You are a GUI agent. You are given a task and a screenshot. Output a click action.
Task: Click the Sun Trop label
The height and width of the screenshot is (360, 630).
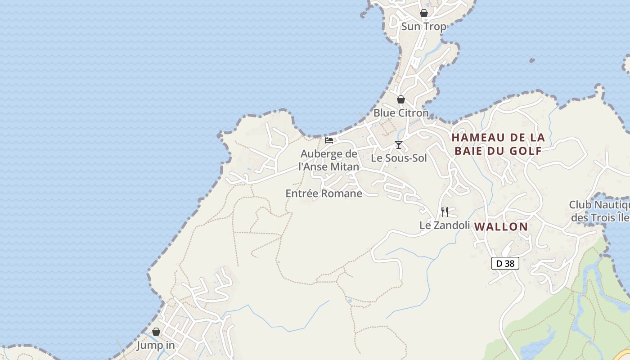click(423, 27)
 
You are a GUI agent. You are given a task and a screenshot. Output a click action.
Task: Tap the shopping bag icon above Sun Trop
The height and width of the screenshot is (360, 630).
click(423, 13)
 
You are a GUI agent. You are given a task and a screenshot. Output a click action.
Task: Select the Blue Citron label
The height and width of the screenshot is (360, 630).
click(401, 113)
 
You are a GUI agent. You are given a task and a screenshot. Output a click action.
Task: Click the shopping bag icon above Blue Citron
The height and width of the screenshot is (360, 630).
click(401, 99)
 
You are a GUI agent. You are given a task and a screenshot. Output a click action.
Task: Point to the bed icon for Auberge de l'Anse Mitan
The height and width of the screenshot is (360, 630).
click(329, 140)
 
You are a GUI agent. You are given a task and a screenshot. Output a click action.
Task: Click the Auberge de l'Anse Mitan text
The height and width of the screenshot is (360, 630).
click(329, 160)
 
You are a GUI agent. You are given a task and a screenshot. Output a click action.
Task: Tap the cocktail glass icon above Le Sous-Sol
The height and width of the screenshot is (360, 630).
click(399, 144)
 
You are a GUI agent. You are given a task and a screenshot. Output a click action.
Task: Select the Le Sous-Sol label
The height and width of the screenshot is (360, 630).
click(399, 158)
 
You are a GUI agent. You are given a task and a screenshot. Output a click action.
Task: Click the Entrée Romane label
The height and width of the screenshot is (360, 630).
click(324, 193)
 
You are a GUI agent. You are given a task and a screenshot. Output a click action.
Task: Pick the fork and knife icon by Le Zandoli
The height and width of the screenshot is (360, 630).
click(445, 211)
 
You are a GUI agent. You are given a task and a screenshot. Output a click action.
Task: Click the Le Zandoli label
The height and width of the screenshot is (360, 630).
click(445, 225)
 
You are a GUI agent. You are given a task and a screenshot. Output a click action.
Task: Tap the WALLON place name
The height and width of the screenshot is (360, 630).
click(501, 227)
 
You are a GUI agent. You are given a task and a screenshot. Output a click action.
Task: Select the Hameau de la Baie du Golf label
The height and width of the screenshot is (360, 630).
click(498, 144)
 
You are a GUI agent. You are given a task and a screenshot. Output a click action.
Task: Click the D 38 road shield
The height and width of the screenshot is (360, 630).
click(505, 263)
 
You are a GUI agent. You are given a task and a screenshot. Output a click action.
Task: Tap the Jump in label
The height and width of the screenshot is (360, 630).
click(156, 345)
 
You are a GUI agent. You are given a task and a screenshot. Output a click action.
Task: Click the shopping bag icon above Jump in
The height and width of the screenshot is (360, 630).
click(156, 332)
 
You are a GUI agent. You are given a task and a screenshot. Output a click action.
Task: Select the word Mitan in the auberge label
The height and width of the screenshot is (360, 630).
click(345, 167)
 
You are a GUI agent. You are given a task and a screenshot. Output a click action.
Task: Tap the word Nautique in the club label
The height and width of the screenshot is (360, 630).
click(607, 205)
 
